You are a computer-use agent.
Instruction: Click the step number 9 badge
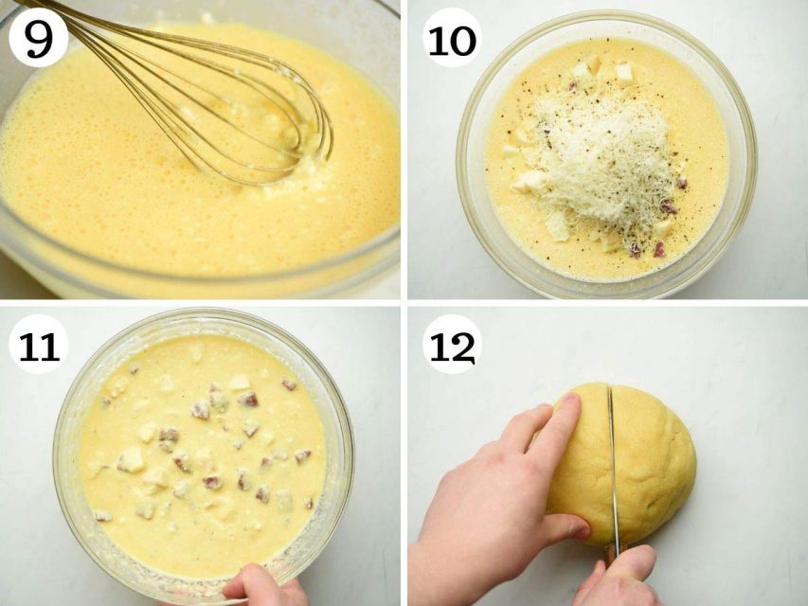38,37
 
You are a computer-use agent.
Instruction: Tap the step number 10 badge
452,37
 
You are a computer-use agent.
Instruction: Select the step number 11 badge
39,344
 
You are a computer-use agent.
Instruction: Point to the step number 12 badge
452,344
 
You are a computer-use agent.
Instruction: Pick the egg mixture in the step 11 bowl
204,454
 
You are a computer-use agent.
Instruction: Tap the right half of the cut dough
655,464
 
